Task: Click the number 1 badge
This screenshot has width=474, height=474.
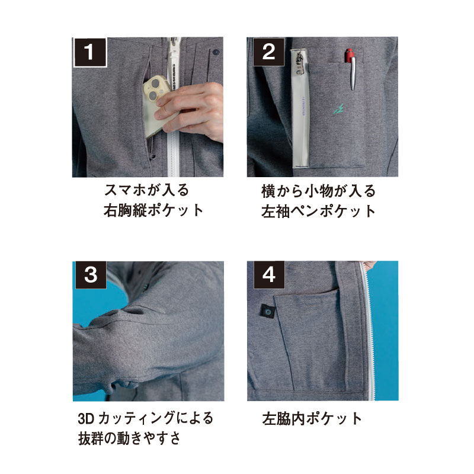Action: (x=90, y=52)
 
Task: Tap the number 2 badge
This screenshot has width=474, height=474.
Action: (x=268, y=52)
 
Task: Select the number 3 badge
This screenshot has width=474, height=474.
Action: (x=91, y=275)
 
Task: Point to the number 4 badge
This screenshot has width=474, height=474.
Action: (x=269, y=275)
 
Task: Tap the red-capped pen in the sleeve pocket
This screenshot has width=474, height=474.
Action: (x=351, y=69)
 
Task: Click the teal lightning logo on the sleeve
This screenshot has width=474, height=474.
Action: (x=338, y=109)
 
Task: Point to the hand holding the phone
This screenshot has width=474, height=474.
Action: (x=190, y=113)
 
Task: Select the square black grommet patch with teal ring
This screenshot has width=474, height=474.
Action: (x=268, y=311)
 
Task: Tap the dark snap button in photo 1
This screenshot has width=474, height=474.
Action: (x=216, y=52)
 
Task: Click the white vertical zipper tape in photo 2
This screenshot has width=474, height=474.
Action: (x=300, y=108)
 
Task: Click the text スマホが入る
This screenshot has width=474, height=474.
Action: (x=146, y=190)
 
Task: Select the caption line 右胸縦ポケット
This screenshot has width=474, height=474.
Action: (x=153, y=211)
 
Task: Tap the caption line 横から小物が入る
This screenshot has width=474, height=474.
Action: (x=318, y=191)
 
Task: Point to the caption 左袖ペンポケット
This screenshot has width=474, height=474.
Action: (x=319, y=212)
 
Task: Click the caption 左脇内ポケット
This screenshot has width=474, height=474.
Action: (x=312, y=419)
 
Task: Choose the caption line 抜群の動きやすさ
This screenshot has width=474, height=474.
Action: (x=129, y=438)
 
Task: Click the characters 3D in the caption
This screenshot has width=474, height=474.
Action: (x=87, y=419)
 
